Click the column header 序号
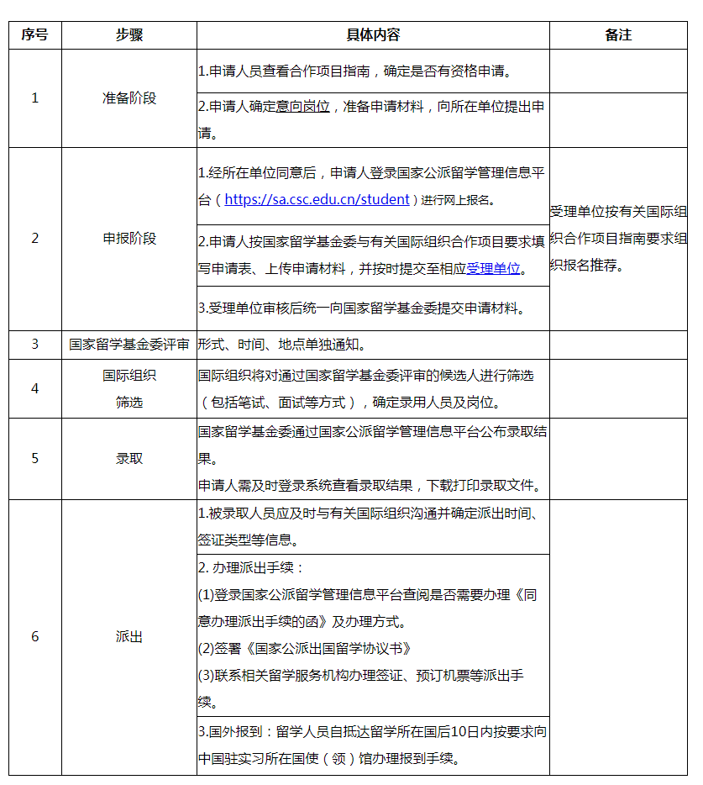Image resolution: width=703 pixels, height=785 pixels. pyautogui.click(x=34, y=35)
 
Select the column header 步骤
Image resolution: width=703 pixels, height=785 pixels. pyautogui.click(x=129, y=35)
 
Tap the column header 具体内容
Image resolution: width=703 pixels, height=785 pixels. pyautogui.click(x=373, y=35)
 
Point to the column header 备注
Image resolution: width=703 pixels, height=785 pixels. pyautogui.click(x=618, y=35)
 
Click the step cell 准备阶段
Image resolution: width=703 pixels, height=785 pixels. pyautogui.click(x=129, y=98)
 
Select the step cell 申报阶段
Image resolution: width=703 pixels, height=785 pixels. pyautogui.click(x=129, y=239)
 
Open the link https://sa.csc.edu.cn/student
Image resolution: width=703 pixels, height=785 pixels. pyautogui.click(x=317, y=200)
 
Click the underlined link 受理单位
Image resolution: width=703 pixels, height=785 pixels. pyautogui.click(x=493, y=269)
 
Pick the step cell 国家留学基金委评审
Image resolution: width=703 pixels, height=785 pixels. pyautogui.click(x=129, y=345)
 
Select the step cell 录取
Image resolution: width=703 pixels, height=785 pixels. pyautogui.click(x=129, y=459)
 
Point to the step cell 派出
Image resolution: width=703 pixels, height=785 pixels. pyautogui.click(x=129, y=637)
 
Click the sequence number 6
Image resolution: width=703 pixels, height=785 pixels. pyautogui.click(x=34, y=637)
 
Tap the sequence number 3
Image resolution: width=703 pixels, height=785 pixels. pyautogui.click(x=34, y=345)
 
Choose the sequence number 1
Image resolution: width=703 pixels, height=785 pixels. pyautogui.click(x=34, y=98)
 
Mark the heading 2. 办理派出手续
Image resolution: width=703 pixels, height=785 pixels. pyautogui.click(x=251, y=568)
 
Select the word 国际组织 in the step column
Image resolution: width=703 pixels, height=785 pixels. pyautogui.click(x=129, y=376)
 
